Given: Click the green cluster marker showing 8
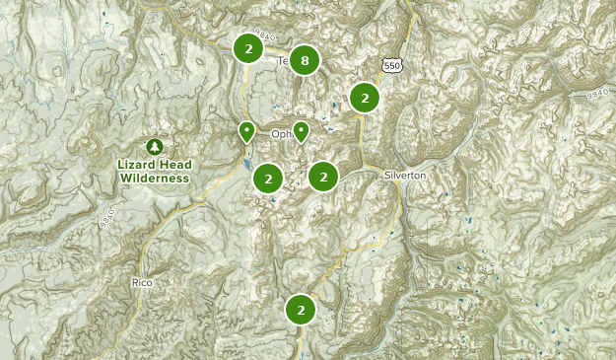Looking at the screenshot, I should click(305, 61).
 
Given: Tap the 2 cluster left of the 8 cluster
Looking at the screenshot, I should click(248, 48).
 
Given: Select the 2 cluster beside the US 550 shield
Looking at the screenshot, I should click(365, 98).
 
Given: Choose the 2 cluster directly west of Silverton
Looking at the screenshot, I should click(323, 177).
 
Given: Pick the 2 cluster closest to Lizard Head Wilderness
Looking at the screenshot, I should click(267, 179).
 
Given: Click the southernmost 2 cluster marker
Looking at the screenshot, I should click(301, 310).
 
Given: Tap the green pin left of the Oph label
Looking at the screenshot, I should click(246, 132).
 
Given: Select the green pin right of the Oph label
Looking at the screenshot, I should click(302, 131).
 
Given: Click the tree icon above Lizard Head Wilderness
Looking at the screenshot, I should click(154, 146).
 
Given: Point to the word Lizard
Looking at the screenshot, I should click(138, 165).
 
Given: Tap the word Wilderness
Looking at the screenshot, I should click(154, 179).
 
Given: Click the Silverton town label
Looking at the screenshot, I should click(405, 175).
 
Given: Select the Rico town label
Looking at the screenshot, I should click(142, 282).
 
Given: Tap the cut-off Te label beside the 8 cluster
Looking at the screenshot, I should click(284, 61).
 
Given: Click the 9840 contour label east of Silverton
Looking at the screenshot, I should click(596, 96).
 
